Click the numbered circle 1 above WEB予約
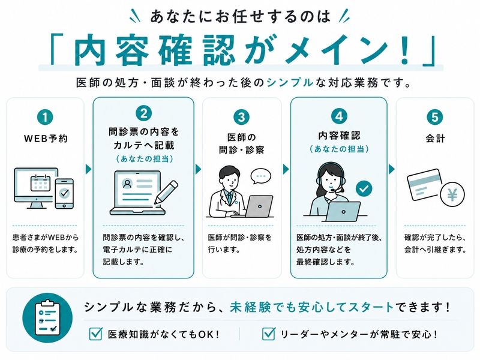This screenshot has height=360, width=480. (x=45, y=118)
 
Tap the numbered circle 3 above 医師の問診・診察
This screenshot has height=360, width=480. (x=241, y=117)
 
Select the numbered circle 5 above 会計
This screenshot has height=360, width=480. (x=434, y=117)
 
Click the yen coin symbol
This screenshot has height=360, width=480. (x=452, y=194)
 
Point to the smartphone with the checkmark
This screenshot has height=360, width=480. (x=64, y=193)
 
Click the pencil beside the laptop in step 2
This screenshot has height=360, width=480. (x=166, y=192)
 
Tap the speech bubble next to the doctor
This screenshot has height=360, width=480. (x=261, y=176)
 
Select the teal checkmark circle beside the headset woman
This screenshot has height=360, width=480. (x=364, y=188)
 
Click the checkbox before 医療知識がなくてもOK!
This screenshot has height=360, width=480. (x=95, y=334)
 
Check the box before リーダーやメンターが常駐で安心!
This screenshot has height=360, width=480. (x=268, y=334)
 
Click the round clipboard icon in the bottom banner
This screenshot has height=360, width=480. (x=47, y=318)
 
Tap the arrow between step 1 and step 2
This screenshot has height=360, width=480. (x=88, y=169)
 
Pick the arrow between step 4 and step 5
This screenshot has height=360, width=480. (x=392, y=169)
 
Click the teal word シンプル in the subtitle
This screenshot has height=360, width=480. (x=290, y=83)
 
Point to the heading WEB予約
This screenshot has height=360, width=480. (x=46, y=139)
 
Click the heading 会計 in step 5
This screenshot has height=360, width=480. (x=435, y=139)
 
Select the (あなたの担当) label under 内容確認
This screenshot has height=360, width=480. (x=339, y=149)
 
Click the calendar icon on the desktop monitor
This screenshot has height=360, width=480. (x=40, y=183)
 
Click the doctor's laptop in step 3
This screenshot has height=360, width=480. (x=259, y=206)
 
